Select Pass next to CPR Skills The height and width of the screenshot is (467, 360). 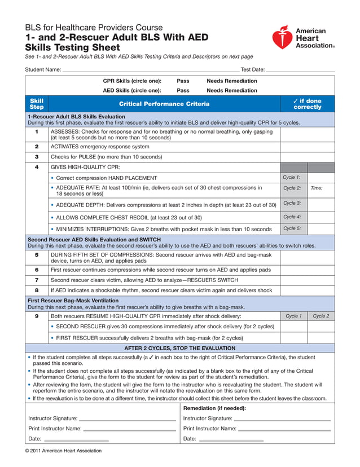(183, 81)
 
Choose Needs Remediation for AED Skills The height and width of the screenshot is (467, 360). (231, 90)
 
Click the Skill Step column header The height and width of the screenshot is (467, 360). (37, 104)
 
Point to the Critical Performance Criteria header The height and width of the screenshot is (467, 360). (164, 104)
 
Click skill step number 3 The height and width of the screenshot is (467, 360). (37, 157)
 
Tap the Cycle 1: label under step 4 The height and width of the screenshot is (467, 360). (292, 178)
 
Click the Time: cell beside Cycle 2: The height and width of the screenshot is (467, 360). (321, 188)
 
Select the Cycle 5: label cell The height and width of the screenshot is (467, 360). (292, 229)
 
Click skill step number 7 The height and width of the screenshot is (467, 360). (37, 280)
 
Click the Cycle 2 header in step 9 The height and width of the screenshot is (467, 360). (321, 316)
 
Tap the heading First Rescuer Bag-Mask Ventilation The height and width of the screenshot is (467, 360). (73, 301)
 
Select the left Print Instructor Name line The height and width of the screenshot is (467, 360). (129, 429)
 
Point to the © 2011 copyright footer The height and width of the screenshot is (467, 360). (63, 451)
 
